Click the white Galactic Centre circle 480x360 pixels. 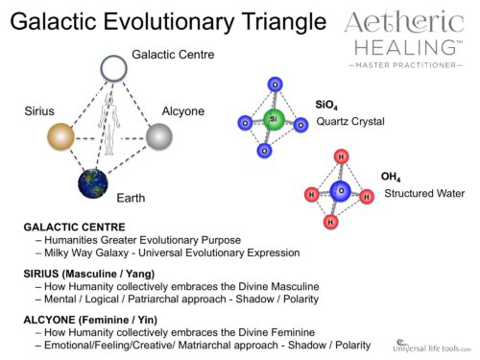tap(114, 69)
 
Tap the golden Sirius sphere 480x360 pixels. tap(60, 136)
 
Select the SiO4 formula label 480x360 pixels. tap(325, 105)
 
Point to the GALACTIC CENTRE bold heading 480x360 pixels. tap(74, 227)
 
